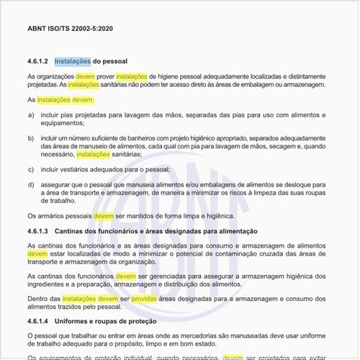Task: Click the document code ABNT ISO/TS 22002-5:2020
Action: [x=70, y=29]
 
